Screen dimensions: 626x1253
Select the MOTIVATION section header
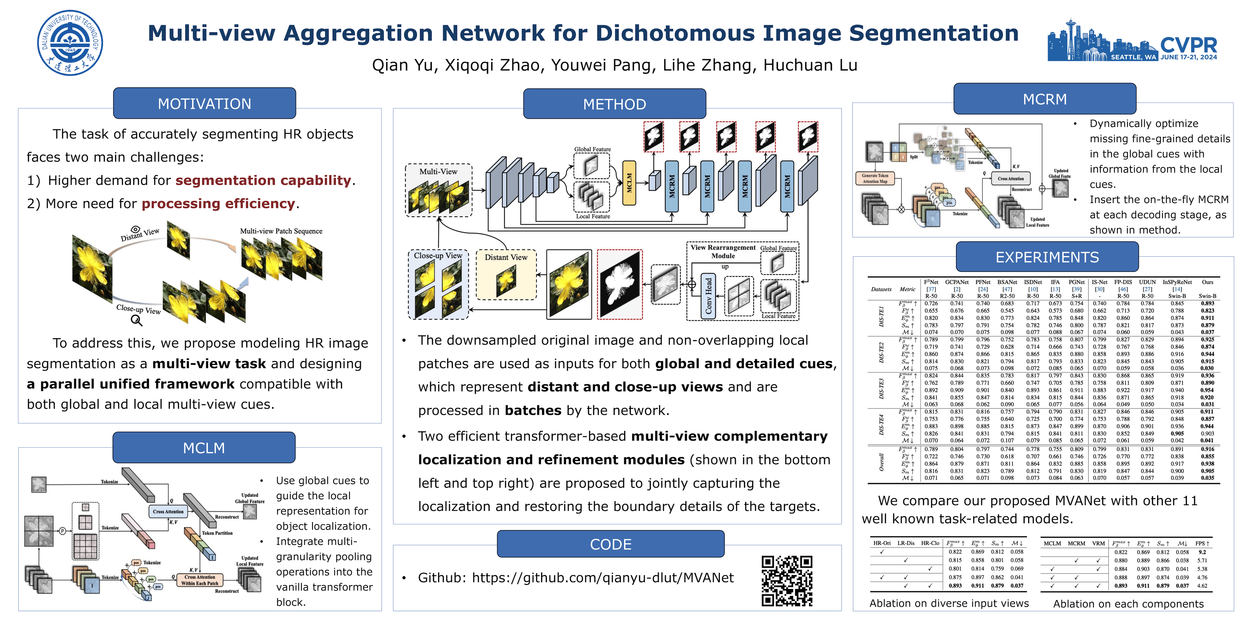[x=204, y=103]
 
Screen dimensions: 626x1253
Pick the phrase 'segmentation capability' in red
[x=263, y=180]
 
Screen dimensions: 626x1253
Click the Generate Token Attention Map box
[x=875, y=178]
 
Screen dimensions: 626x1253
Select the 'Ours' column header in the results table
[x=1207, y=282]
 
